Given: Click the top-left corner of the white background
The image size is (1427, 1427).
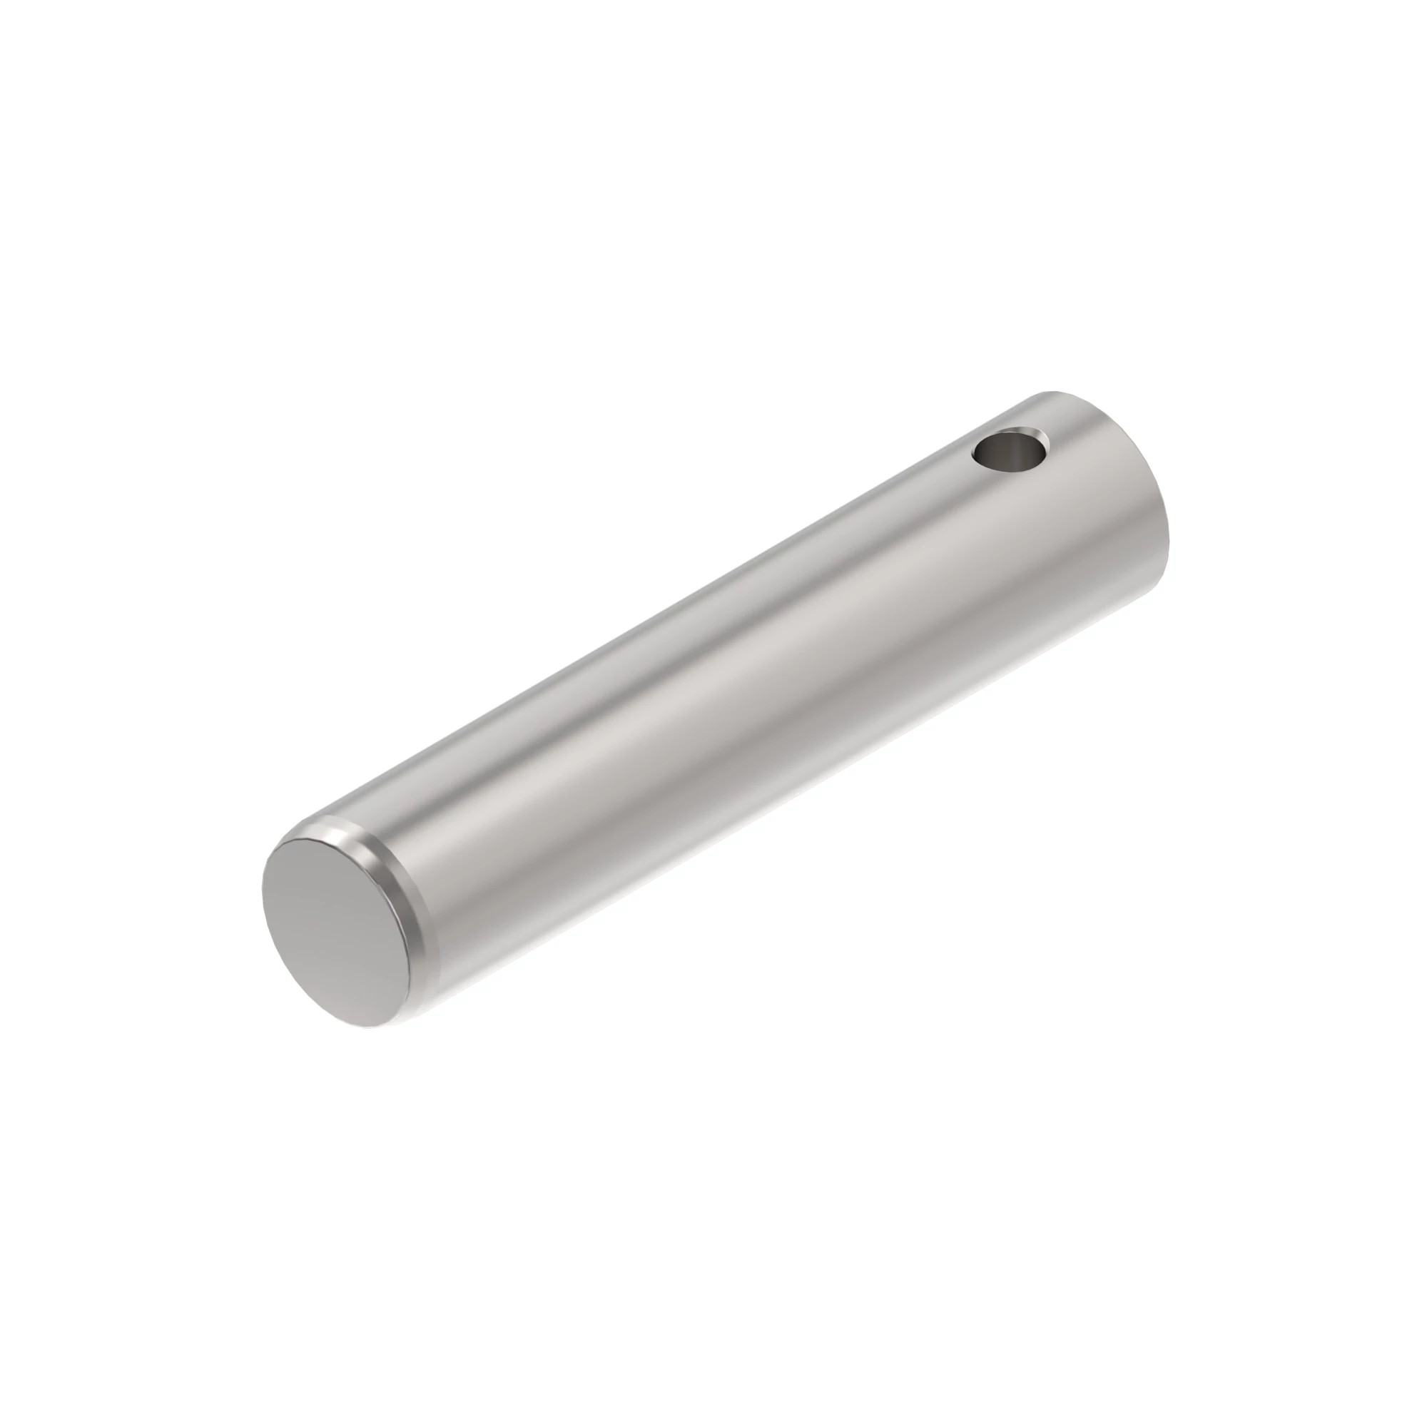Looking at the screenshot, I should tap(4, 4).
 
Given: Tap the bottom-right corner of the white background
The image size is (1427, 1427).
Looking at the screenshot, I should tap(1423, 1423).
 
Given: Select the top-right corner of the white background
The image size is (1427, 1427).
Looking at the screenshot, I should tap(1423, 4).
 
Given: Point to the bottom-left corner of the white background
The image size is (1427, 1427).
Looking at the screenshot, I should tap(4, 1423).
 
